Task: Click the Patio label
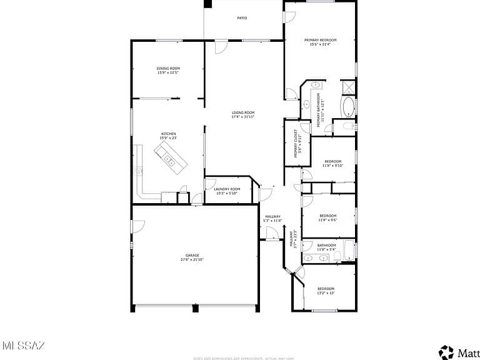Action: (x=242, y=18)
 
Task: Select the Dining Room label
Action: (x=168, y=68)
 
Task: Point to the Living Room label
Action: (x=243, y=112)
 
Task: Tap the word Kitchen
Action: (x=169, y=134)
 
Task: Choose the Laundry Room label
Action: (x=227, y=189)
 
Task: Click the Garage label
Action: (x=192, y=255)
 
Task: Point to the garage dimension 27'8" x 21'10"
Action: (x=192, y=259)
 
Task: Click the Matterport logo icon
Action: (x=446, y=352)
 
